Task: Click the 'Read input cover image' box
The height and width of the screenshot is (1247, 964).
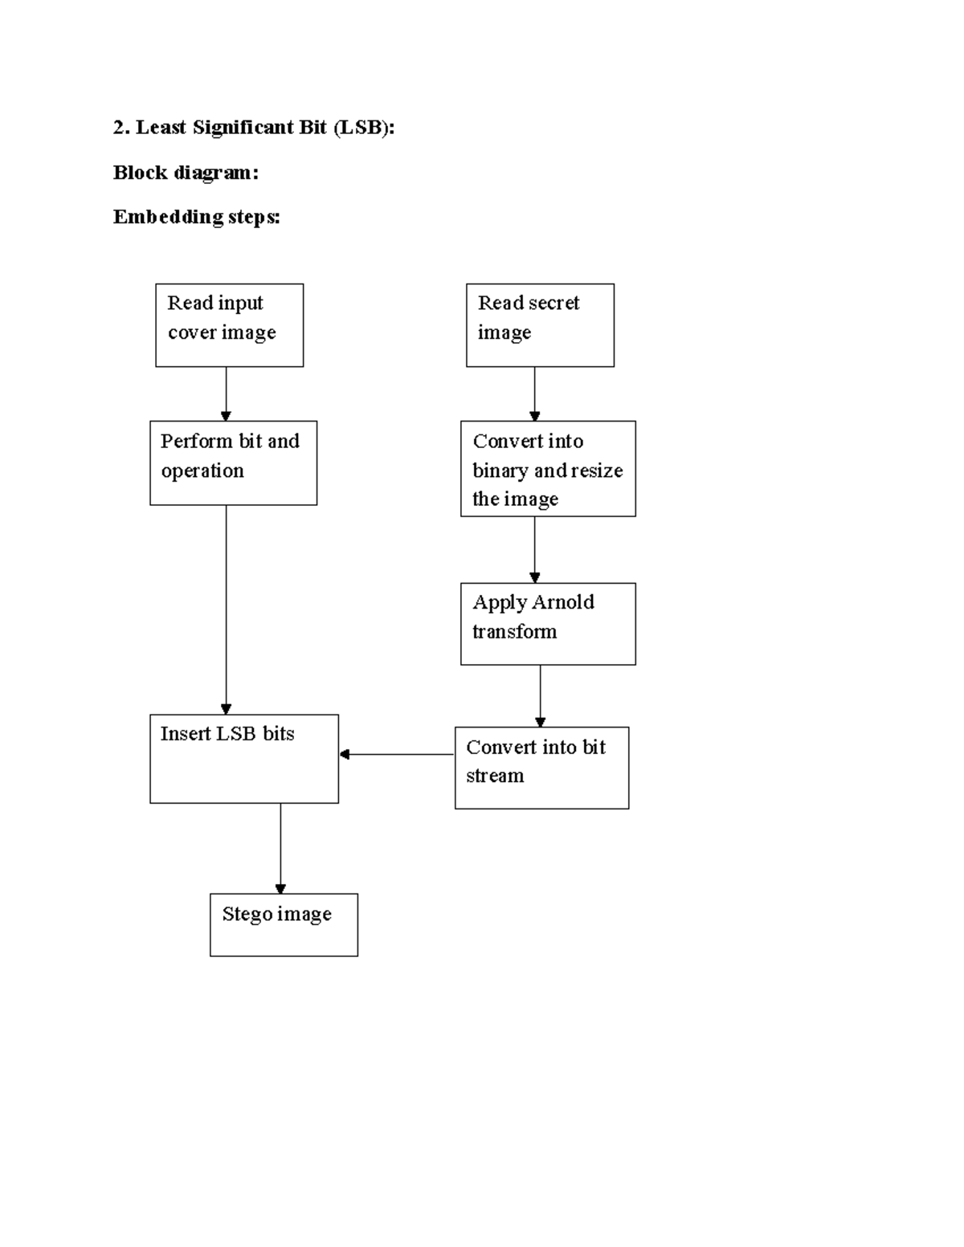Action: (229, 325)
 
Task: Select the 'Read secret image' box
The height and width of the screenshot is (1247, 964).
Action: (540, 325)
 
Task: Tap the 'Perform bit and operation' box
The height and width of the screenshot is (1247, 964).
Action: (233, 463)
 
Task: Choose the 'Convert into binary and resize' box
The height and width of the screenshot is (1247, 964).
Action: (548, 469)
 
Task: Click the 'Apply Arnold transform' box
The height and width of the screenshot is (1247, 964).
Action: (548, 624)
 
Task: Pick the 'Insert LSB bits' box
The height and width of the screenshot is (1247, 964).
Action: (244, 759)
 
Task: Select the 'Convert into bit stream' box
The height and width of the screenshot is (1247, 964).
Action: (541, 768)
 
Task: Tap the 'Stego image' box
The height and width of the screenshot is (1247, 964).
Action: (284, 925)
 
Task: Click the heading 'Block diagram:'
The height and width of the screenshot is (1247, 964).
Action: (186, 173)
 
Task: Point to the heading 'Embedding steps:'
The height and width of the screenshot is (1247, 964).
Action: (197, 217)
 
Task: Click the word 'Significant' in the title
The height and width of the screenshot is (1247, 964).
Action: (259, 128)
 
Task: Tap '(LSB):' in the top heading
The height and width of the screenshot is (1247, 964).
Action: (364, 128)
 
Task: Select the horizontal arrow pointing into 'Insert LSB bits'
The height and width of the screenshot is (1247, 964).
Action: (397, 754)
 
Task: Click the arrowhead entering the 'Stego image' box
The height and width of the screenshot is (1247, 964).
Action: (280, 888)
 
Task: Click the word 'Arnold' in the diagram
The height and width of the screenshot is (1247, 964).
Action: (562, 602)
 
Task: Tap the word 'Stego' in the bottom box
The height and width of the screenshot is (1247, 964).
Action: (247, 914)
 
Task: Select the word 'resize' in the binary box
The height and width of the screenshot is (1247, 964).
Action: (597, 471)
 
